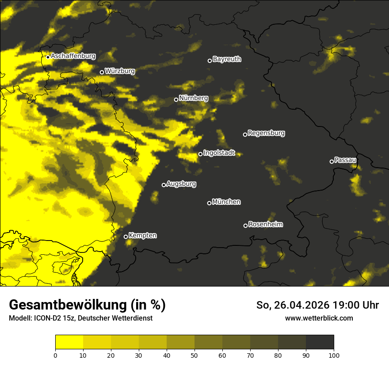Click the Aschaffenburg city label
(x=73, y=56)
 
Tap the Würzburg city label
(x=120, y=71)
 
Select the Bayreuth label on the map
(x=227, y=59)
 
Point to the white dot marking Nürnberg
(x=176, y=99)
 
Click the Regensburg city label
(x=266, y=133)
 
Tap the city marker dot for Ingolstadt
(x=200, y=154)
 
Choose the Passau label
(x=346, y=160)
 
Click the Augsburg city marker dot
(x=164, y=185)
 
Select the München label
(x=226, y=202)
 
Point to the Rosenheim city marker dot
(x=245, y=226)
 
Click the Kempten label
(x=142, y=235)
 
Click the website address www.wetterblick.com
(x=319, y=318)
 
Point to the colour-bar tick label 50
(x=194, y=355)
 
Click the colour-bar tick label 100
(x=334, y=355)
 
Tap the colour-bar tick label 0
(x=55, y=355)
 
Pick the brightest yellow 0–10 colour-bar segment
(x=69, y=342)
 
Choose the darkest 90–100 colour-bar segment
(x=320, y=342)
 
